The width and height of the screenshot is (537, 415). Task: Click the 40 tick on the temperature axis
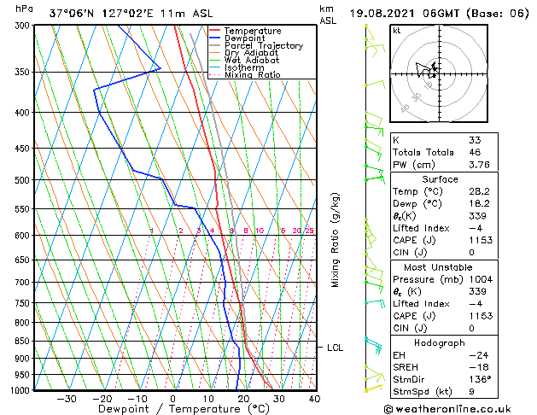[x=314, y=399]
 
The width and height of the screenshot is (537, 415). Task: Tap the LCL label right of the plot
[x=335, y=348]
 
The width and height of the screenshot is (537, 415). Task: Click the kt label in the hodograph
[x=397, y=30]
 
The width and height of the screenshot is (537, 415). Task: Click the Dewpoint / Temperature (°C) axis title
[x=173, y=409]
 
